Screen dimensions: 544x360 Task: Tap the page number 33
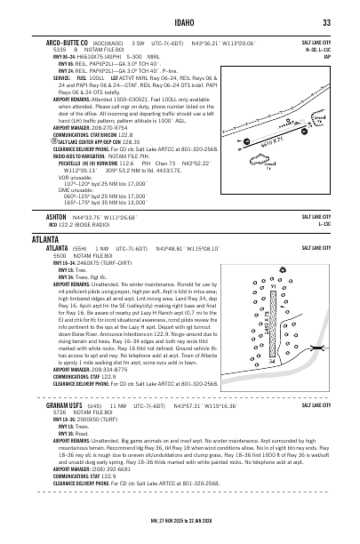tap(326, 22)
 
